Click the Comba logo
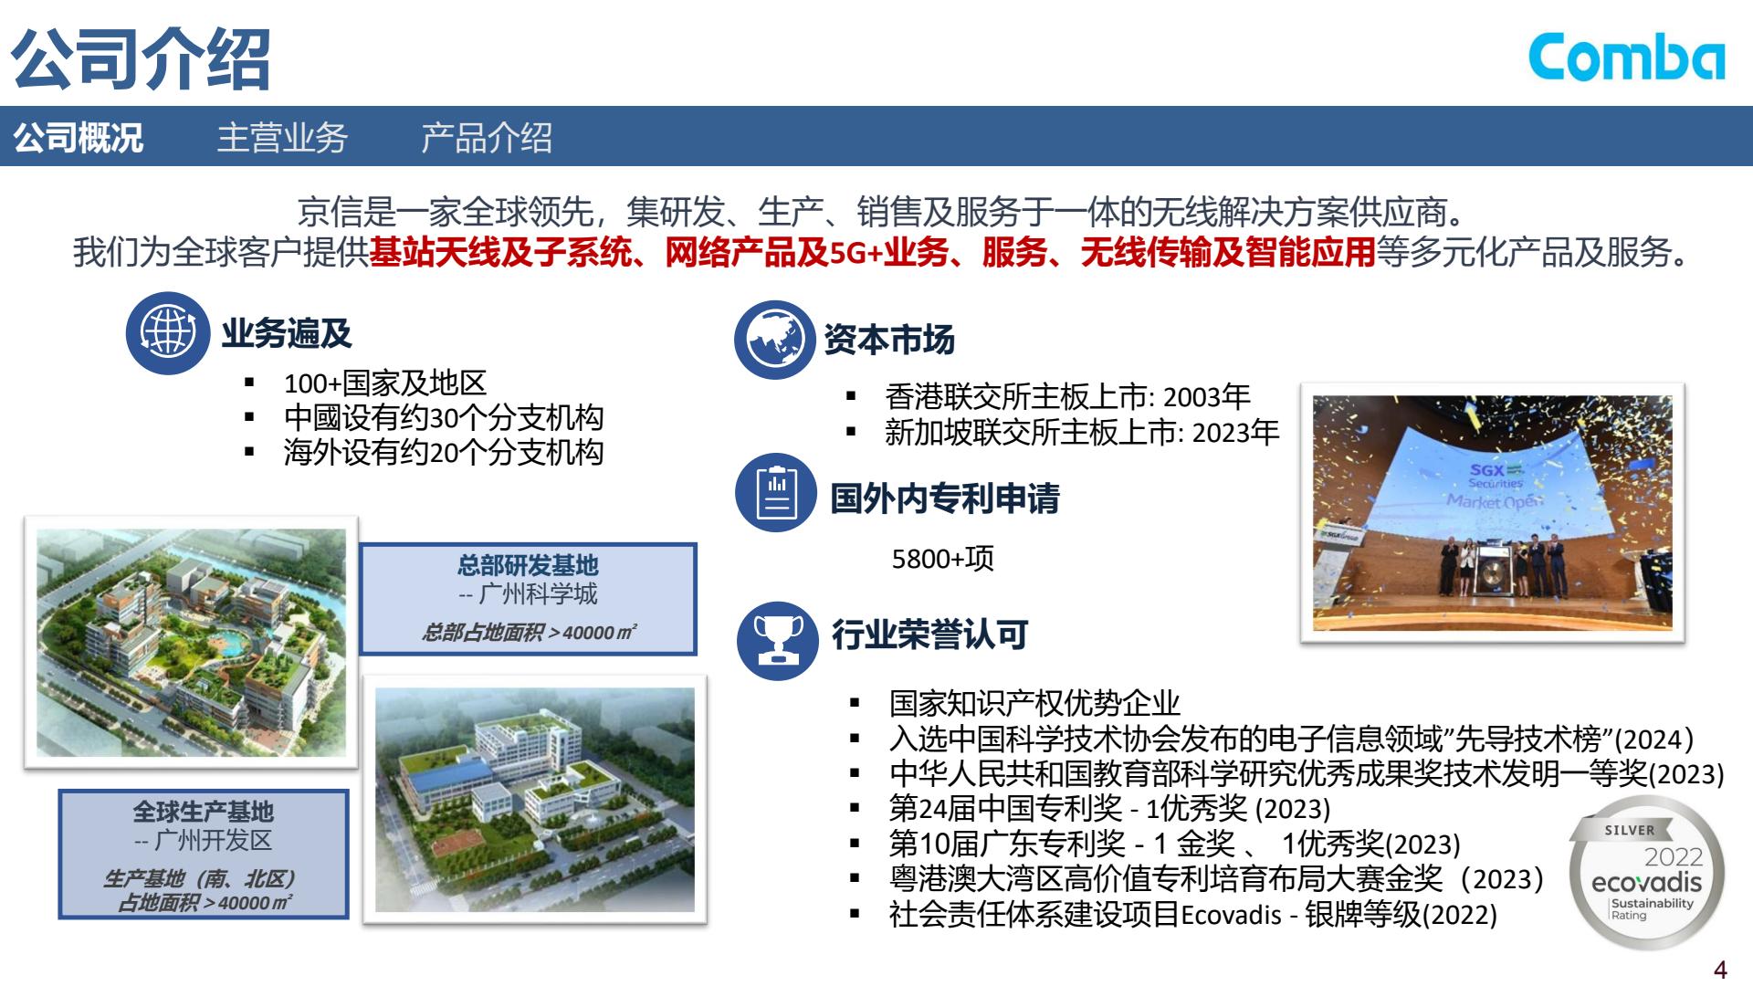(x=1627, y=58)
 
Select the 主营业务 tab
(x=282, y=138)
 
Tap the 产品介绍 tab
(x=487, y=138)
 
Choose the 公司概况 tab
(x=78, y=138)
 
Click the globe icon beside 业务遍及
(x=168, y=333)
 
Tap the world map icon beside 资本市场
(x=774, y=340)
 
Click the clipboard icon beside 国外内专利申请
(x=776, y=493)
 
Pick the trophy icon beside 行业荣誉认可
(x=778, y=640)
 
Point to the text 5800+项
(x=942, y=559)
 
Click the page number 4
(x=1720, y=969)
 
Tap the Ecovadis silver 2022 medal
(x=1646, y=874)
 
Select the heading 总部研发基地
(x=528, y=565)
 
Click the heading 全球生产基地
(x=204, y=812)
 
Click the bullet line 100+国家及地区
(x=384, y=383)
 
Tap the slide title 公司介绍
(x=142, y=58)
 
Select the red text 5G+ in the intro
(x=856, y=252)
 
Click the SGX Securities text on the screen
(x=1495, y=476)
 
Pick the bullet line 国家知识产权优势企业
(x=1034, y=703)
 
